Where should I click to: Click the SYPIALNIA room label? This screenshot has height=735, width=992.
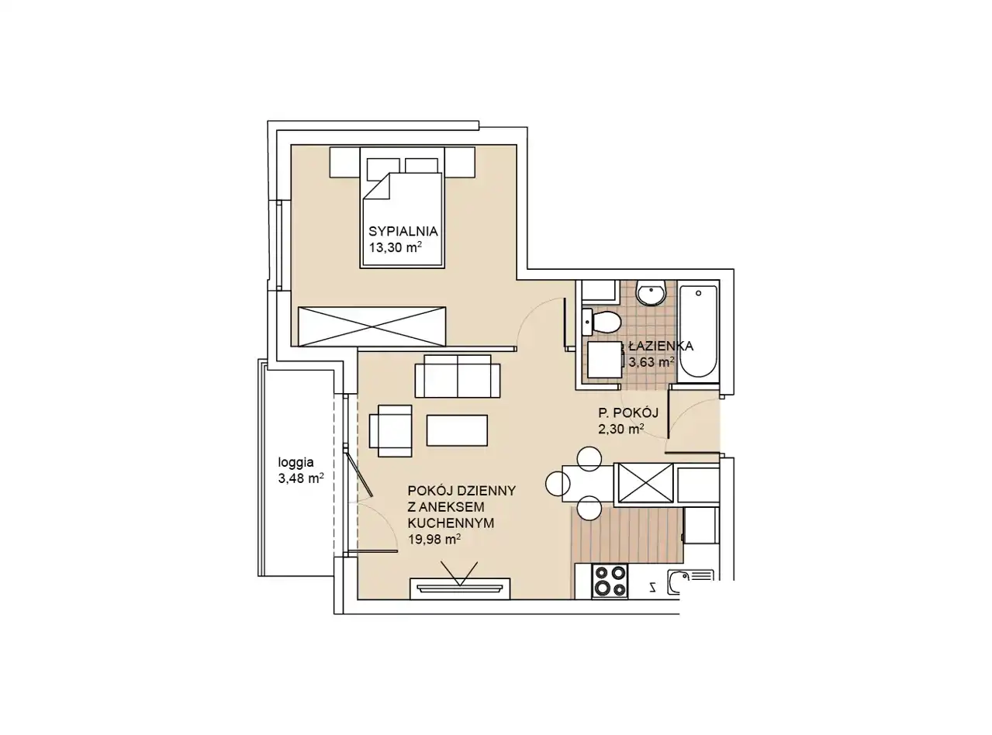point(403,231)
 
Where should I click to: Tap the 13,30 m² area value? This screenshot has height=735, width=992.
point(396,247)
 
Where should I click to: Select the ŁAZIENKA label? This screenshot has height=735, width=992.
point(661,345)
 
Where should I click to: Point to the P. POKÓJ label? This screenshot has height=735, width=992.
point(628,412)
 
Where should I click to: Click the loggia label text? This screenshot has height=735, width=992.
point(296,462)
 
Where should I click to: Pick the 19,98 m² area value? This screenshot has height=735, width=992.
point(434,539)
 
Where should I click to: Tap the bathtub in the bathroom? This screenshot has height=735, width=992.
point(698,331)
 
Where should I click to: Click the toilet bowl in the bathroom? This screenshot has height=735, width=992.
point(602,322)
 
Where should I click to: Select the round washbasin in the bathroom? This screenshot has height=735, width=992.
point(652,293)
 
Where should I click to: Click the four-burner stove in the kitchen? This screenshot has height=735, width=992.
point(610,581)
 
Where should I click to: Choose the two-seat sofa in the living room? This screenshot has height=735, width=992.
point(457,376)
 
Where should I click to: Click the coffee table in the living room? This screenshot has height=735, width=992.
point(457,430)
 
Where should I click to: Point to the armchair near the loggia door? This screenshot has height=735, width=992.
point(390,430)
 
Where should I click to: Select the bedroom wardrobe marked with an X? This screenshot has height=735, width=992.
point(372,326)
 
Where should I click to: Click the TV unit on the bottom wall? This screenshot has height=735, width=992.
point(460,588)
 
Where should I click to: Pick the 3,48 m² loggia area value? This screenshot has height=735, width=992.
point(301,478)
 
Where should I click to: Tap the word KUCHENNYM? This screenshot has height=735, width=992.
point(451,523)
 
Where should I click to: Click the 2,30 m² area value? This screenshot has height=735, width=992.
point(620,429)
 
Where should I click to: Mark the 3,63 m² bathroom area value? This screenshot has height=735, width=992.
point(652,362)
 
